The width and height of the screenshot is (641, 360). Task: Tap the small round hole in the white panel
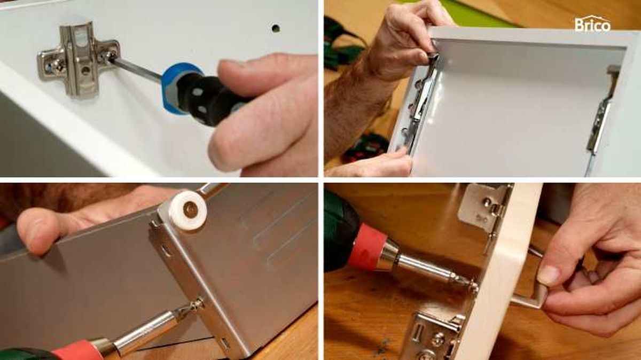[x=276, y=28]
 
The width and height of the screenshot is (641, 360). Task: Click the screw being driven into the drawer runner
[x=194, y=305]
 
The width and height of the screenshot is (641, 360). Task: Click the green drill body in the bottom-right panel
[x=341, y=232]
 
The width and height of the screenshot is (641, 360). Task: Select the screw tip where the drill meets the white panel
[x=472, y=284]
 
